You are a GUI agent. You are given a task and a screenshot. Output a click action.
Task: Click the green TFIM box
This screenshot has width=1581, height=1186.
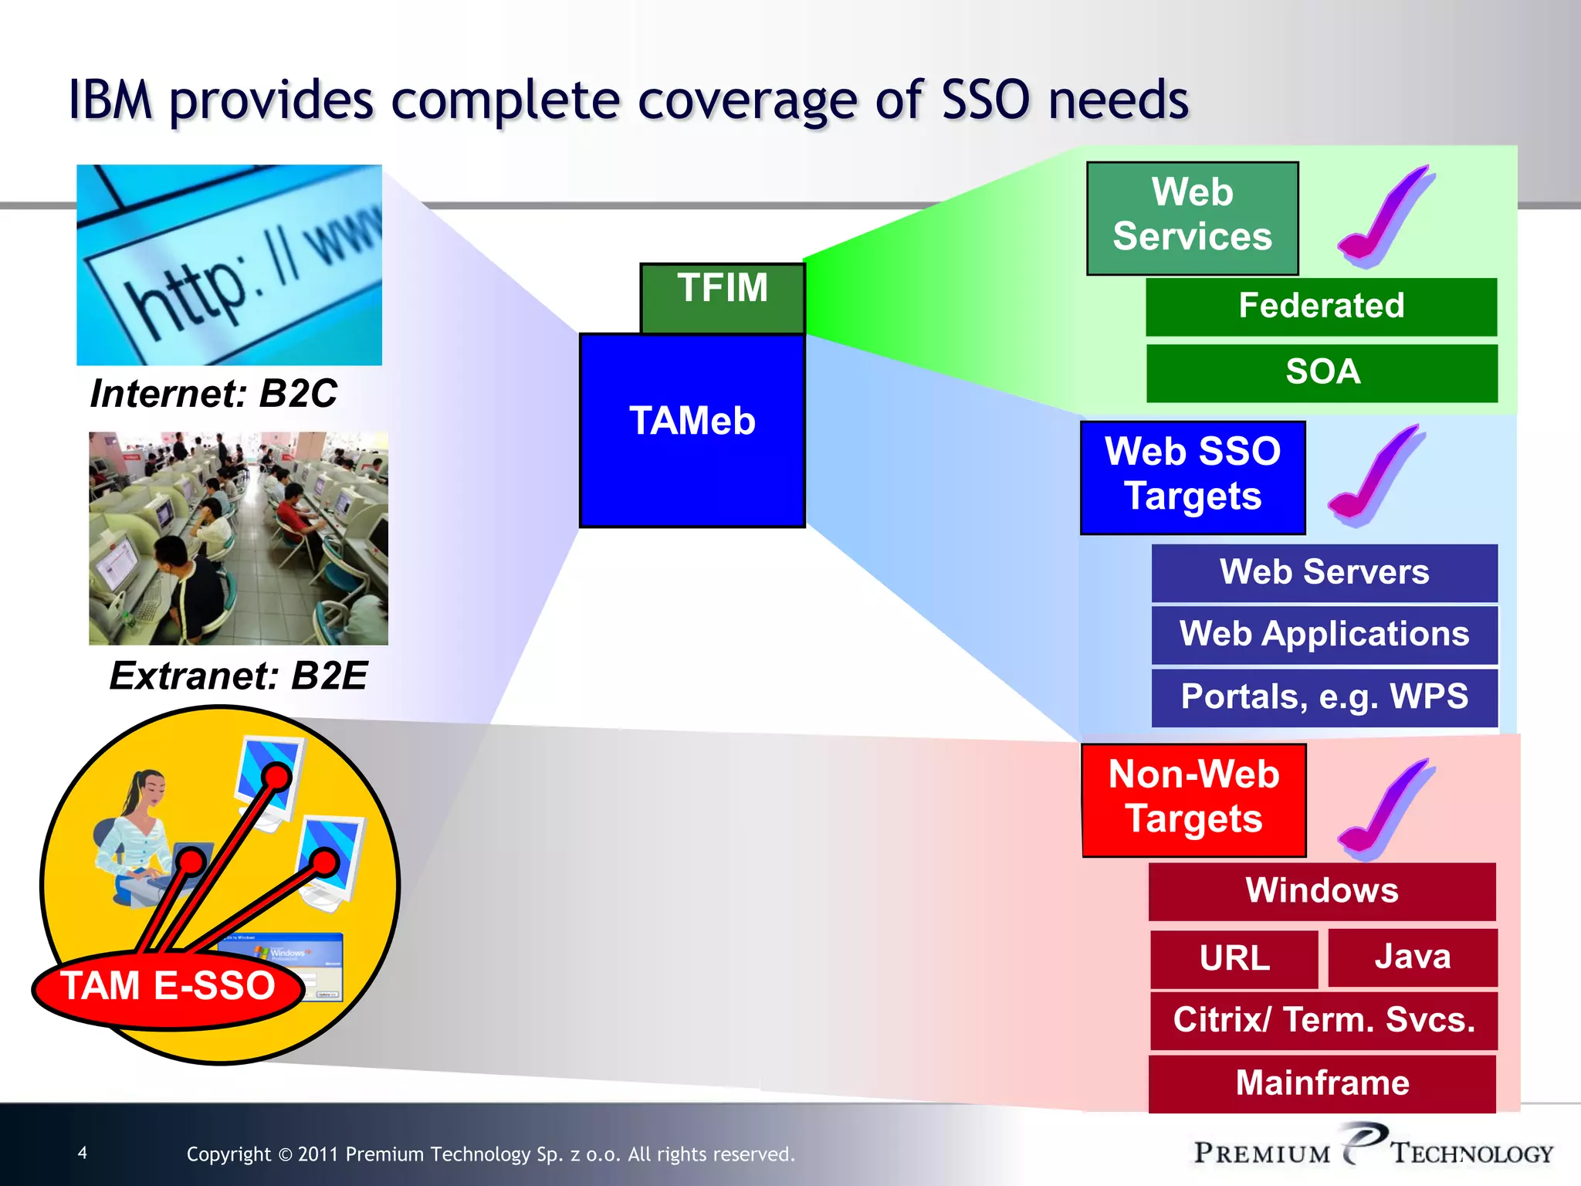pos(723,297)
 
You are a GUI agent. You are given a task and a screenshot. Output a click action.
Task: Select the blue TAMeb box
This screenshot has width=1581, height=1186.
pos(692,431)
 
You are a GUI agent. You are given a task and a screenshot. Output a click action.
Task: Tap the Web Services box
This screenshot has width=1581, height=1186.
pos(1192,218)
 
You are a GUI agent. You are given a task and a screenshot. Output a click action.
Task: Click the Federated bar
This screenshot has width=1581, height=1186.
pos(1321,307)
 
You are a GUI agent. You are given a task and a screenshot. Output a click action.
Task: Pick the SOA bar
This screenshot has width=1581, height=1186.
pos(1322,373)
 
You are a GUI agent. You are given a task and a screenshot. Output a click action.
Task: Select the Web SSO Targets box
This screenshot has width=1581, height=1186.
pos(1192,477)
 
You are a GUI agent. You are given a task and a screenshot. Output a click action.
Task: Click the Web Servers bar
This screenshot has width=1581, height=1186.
pos(1324,573)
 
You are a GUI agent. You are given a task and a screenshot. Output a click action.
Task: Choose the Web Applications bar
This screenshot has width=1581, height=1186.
pos(1324,635)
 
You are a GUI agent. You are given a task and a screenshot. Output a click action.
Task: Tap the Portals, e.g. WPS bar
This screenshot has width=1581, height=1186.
pos(1324,697)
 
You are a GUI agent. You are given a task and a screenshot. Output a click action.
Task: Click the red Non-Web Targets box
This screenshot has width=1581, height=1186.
pos(1193,800)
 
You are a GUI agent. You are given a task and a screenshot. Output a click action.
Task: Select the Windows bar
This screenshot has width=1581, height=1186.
pos(1322,891)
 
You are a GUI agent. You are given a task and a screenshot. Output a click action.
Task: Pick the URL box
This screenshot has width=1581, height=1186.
pos(1234,958)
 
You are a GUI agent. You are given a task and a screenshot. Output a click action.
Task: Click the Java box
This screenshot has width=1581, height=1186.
pos(1412,957)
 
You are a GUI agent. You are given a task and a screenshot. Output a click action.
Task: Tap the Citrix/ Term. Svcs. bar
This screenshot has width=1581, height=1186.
pos(1323,1021)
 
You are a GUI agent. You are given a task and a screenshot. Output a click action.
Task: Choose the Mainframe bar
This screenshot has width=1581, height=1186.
pos(1322,1083)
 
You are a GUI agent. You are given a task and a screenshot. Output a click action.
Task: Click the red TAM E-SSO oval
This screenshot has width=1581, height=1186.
pos(168,988)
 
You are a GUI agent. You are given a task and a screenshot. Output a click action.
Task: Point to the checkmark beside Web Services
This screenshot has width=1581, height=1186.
pos(1386,218)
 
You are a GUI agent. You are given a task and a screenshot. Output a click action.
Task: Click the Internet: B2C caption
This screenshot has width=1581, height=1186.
pos(213,394)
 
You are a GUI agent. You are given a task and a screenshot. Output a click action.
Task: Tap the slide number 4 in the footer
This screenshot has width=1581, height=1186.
pos(83,1153)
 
